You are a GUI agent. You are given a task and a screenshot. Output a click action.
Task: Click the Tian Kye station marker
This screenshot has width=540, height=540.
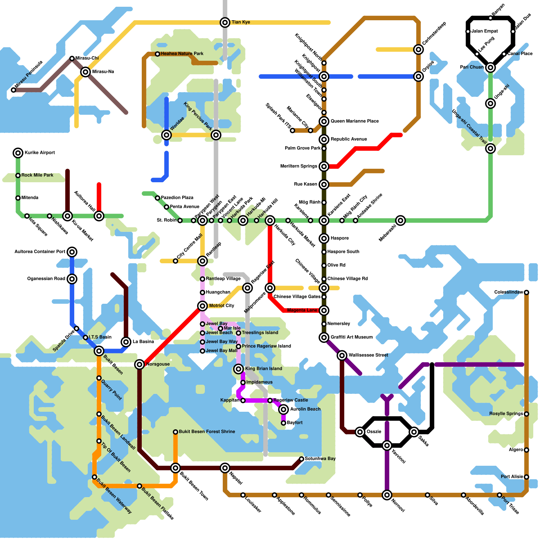tap(225, 23)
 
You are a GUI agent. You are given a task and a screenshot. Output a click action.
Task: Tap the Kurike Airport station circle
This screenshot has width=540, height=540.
tap(18, 153)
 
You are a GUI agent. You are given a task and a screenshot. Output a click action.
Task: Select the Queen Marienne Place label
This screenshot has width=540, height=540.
tap(354, 121)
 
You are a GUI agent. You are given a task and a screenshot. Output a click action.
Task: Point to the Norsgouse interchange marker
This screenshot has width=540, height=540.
tap(139, 364)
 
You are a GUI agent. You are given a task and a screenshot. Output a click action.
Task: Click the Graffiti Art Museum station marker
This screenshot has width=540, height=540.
tap(324, 337)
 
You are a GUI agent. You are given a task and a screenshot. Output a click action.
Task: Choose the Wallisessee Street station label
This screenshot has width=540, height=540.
tap(368, 355)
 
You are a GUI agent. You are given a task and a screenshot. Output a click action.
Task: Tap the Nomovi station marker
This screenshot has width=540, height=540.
tap(387, 495)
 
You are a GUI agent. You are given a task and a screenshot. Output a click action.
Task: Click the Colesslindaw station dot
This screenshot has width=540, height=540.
tap(526, 292)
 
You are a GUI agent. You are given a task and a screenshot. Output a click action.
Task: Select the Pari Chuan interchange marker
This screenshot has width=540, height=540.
tap(490, 67)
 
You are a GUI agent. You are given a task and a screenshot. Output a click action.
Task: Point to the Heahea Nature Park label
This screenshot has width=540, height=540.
tap(182, 54)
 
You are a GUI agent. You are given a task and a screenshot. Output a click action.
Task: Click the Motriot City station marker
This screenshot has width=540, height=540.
tap(202, 306)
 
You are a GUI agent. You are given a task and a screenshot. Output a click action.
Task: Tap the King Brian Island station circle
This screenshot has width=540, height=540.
tap(239, 369)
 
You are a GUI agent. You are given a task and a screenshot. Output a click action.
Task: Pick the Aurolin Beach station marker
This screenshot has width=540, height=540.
tap(283, 409)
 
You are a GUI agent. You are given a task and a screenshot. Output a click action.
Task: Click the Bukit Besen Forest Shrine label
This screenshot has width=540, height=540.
tap(207, 432)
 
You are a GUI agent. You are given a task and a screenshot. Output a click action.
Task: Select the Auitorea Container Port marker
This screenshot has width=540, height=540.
tap(72, 252)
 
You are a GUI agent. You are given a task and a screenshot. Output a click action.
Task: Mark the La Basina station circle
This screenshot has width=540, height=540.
tap(126, 342)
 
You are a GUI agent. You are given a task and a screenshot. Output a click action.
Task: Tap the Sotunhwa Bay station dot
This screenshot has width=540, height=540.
tap(301, 459)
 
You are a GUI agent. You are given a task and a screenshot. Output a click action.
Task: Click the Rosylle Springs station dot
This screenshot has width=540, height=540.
tap(526, 414)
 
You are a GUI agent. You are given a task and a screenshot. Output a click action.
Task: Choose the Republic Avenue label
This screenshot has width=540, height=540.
tap(349, 139)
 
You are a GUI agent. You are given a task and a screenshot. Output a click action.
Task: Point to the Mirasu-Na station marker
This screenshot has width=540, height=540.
tap(85, 72)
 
